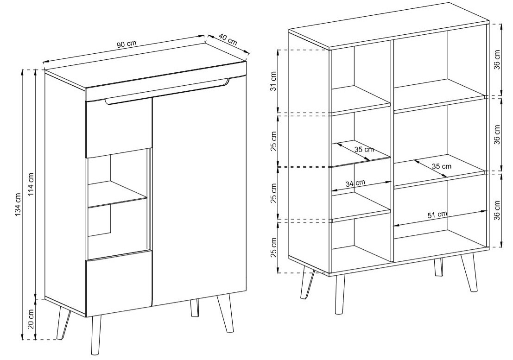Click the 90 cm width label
click(x=127, y=44)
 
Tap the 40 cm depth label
click(x=228, y=39)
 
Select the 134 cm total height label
click(x=18, y=204)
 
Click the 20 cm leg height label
click(x=31, y=320)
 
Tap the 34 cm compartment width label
click(x=355, y=183)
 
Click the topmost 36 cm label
click(x=497, y=60)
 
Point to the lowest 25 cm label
click(x=273, y=247)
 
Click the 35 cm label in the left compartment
click(x=364, y=150)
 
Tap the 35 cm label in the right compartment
click(x=441, y=166)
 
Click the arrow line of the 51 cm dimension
click(x=441, y=218)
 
